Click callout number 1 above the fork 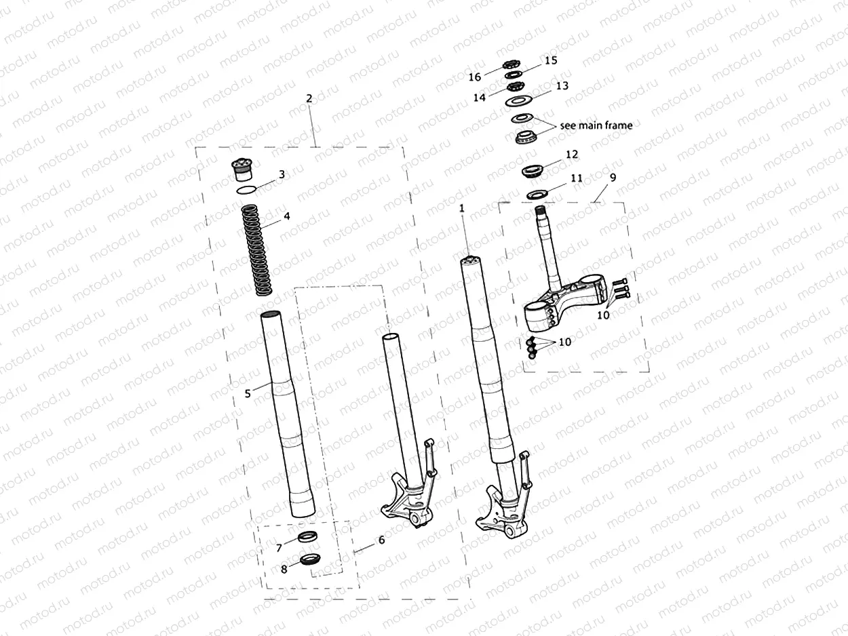pos(462,210)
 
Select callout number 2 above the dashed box pos(309,98)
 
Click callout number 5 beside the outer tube pos(248,393)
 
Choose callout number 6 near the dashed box pos(381,540)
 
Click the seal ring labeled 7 pos(307,537)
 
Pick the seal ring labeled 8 pos(311,560)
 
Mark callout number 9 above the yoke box pos(613,178)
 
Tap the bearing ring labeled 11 pos(537,195)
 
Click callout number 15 pos(551,60)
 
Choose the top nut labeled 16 pos(511,65)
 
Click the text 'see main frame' pos(596,125)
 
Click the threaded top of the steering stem pos(541,216)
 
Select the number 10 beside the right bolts pos(603,315)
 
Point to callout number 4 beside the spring pos(287,217)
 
